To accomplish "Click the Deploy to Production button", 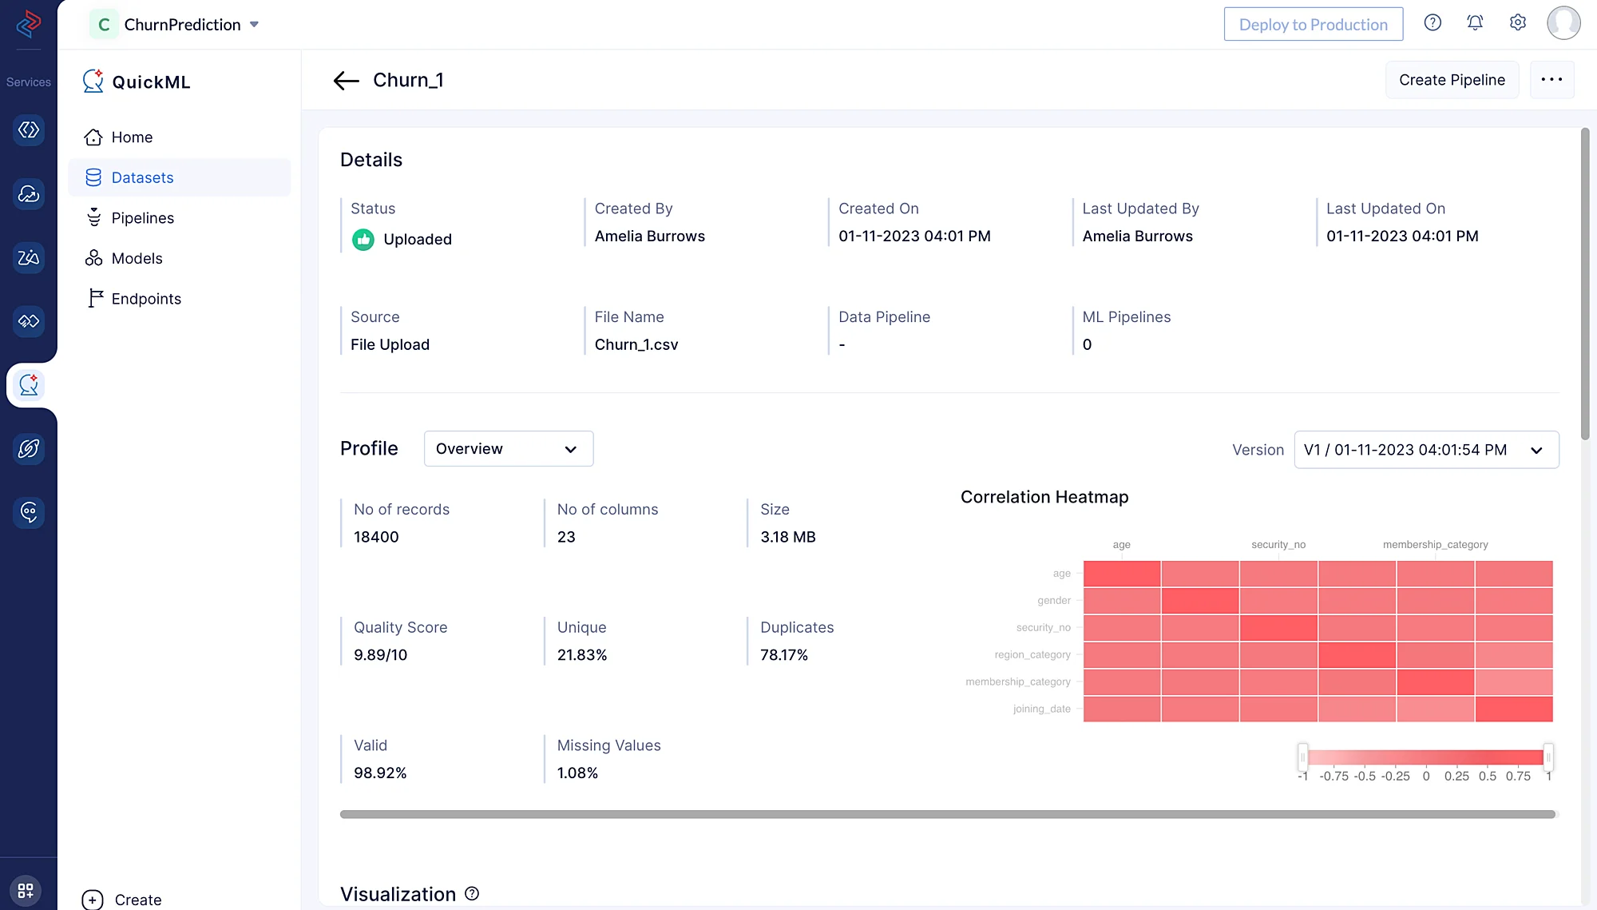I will tap(1313, 25).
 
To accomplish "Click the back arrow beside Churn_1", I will tap(346, 81).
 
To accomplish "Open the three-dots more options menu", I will tap(1551, 80).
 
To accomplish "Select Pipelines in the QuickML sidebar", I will tap(142, 218).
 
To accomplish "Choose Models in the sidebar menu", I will tap(137, 258).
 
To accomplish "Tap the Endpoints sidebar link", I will tap(146, 299).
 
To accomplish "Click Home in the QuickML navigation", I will tap(132, 137).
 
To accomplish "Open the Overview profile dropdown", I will tap(508, 449).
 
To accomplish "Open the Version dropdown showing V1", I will tap(1425, 450).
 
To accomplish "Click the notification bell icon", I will tap(1475, 23).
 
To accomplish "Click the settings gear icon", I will tap(1517, 23).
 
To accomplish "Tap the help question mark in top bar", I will tap(1433, 23).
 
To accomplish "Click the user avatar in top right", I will tap(1563, 23).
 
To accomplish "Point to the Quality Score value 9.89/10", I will tap(380, 655).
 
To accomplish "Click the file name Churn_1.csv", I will tap(636, 345).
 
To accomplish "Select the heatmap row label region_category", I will tap(1032, 655).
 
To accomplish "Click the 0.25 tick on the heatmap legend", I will tap(1456, 777).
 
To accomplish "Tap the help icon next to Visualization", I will tap(472, 894).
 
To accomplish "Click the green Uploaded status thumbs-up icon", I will tap(363, 240).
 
